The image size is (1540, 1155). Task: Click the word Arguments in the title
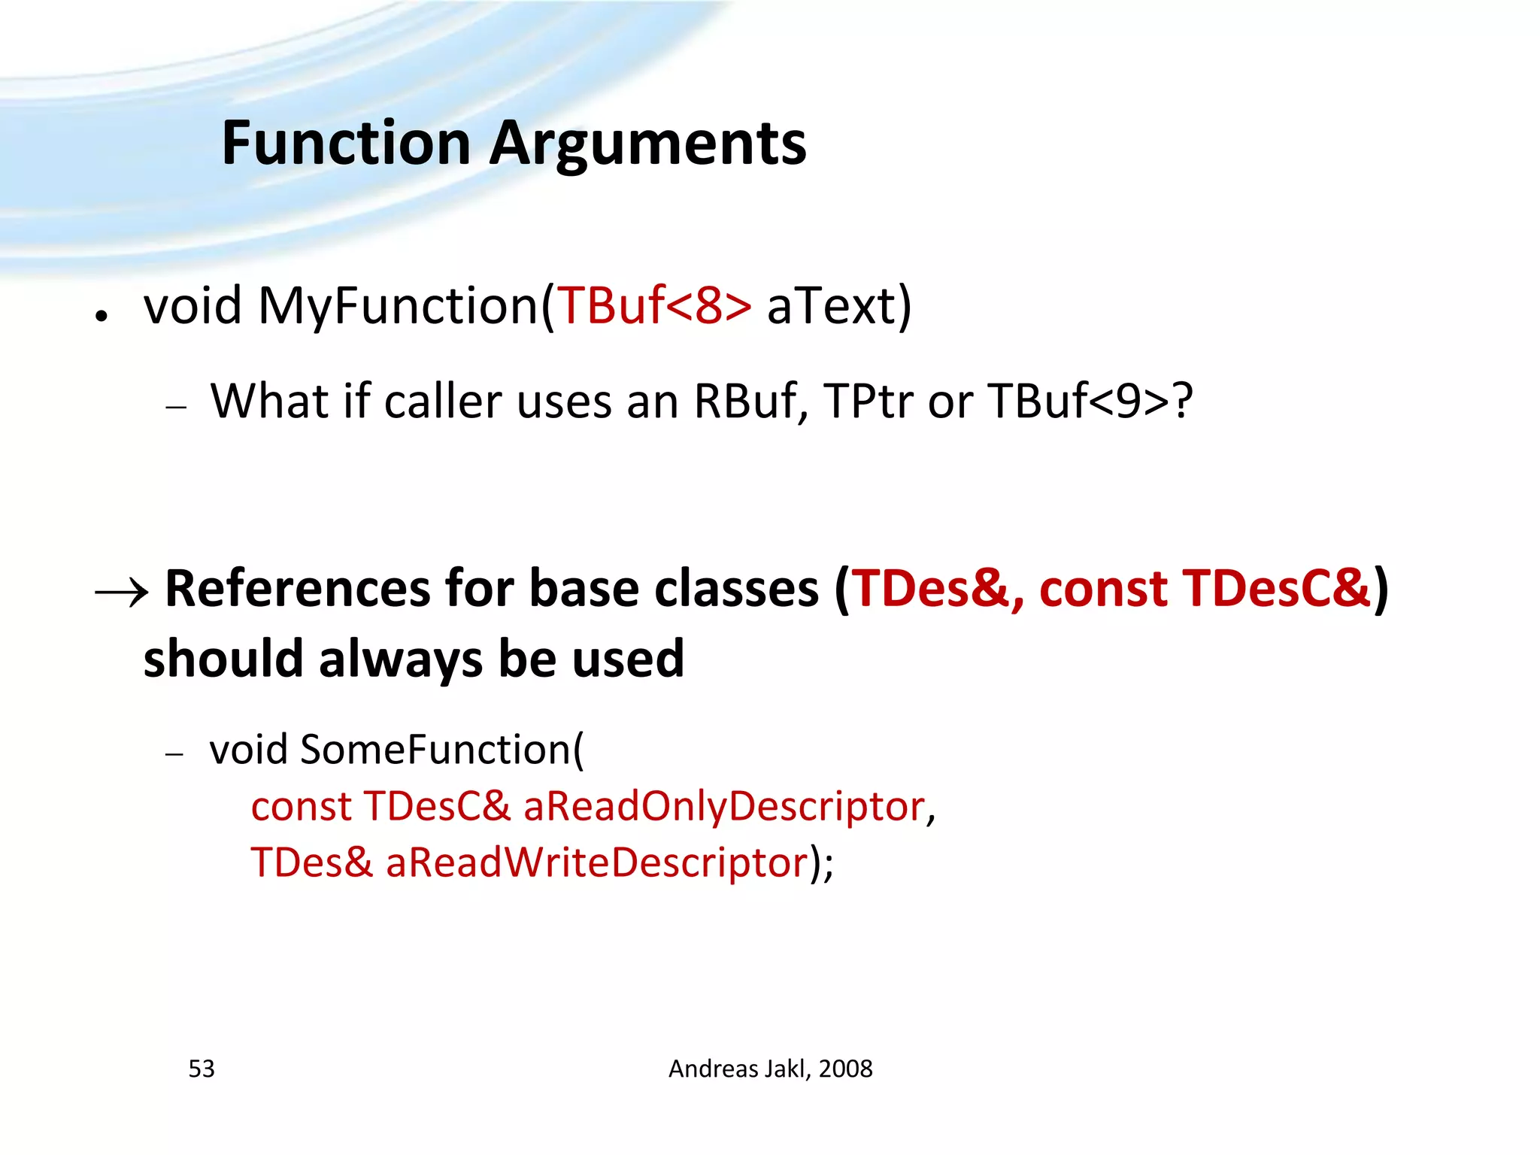648,144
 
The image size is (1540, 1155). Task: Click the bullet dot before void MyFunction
102,317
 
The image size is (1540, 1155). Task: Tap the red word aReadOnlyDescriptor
723,806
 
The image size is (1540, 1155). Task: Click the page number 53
202,1069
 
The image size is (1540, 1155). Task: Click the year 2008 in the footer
845,1069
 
